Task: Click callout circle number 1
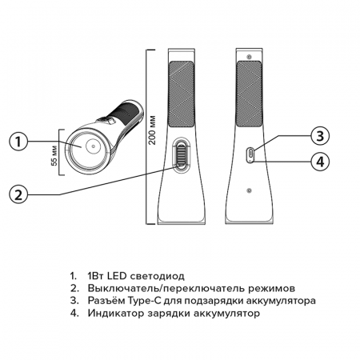point(21,142)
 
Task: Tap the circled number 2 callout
point(21,193)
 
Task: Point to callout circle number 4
point(319,162)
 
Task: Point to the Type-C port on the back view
point(250,152)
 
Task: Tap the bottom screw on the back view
point(250,190)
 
